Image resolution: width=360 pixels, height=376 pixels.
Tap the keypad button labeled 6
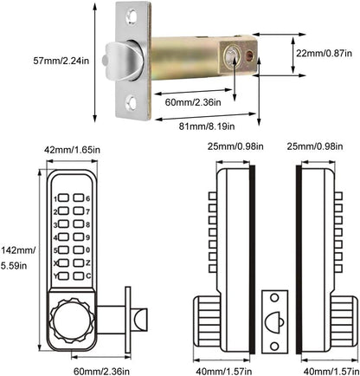[79, 198]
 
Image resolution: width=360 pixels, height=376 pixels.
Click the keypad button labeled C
[79, 276]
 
